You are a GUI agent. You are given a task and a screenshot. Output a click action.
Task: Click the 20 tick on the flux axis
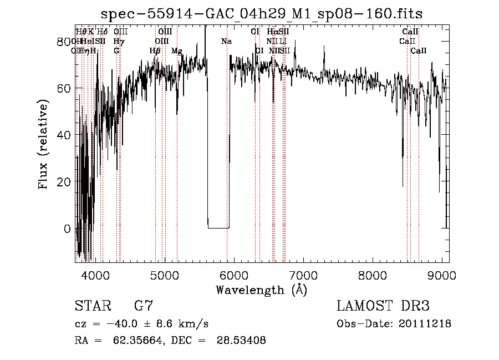click(x=65, y=182)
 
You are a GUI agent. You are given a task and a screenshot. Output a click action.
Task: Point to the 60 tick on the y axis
click(x=65, y=88)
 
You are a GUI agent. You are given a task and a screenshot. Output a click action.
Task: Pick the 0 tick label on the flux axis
click(x=68, y=229)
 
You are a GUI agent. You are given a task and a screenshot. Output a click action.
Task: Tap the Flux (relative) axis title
click(x=44, y=144)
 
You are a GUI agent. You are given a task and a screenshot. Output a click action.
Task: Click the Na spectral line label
click(x=226, y=41)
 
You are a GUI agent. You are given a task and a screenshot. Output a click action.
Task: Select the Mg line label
click(x=176, y=50)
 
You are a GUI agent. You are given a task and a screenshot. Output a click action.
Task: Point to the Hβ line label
click(x=155, y=50)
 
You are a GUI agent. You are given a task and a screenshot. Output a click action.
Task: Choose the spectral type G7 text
click(x=144, y=306)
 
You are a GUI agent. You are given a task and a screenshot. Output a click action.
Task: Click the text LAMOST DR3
click(x=383, y=306)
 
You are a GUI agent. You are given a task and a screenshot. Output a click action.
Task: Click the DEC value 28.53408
click(x=244, y=341)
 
